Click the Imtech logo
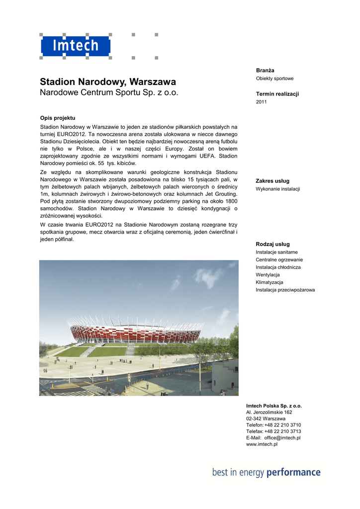point(76,47)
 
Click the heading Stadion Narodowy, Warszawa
point(107,82)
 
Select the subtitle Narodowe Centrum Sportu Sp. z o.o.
point(108,93)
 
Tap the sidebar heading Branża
point(265,71)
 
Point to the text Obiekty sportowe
point(274,79)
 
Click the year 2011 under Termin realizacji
point(262,102)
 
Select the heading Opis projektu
point(57,118)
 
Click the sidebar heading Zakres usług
point(272,181)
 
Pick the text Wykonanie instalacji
point(277,189)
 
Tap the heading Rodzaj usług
point(272,244)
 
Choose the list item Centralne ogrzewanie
point(279,259)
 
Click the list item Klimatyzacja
point(270,282)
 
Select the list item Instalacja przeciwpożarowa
point(285,290)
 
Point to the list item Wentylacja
point(268,274)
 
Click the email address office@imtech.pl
point(282,438)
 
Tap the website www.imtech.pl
point(262,444)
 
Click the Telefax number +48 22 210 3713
point(282,431)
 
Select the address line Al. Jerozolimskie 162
point(269,412)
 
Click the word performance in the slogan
point(293,472)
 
